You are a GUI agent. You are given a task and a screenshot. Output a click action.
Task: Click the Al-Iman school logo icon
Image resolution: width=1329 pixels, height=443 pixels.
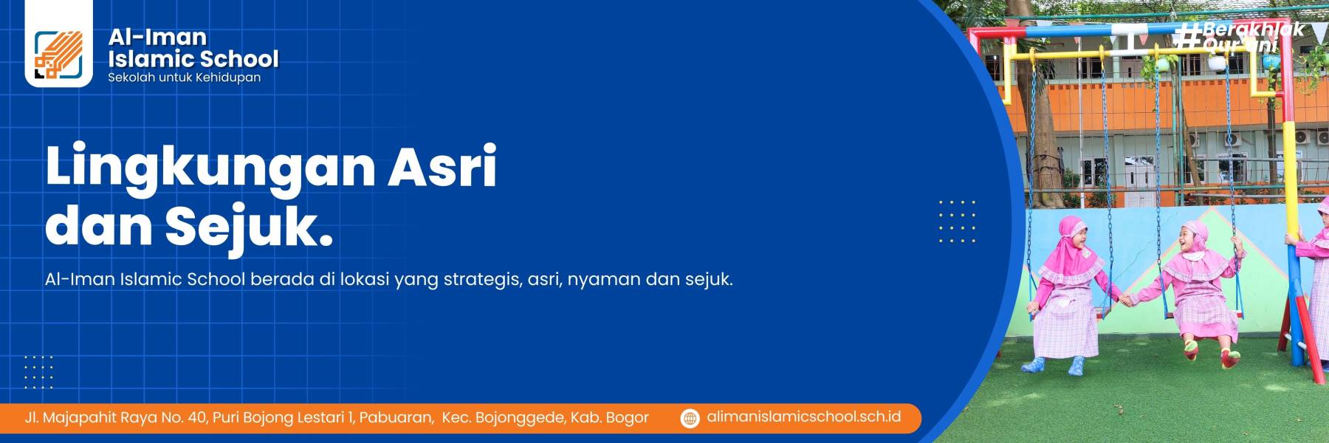pyautogui.click(x=58, y=55)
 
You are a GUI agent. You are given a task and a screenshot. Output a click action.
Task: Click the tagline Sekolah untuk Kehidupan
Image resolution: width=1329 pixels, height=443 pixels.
pyautogui.click(x=184, y=78)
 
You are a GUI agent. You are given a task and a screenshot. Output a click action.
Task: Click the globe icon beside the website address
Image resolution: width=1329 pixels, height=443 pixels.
pyautogui.click(x=690, y=418)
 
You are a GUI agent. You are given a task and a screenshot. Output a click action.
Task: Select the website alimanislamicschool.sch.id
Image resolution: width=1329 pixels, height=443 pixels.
pyautogui.click(x=803, y=417)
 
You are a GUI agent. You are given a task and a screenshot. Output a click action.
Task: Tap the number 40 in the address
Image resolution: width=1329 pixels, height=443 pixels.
pyautogui.click(x=197, y=418)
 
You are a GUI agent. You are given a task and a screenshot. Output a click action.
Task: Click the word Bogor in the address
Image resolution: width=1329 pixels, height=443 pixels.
pyautogui.click(x=627, y=418)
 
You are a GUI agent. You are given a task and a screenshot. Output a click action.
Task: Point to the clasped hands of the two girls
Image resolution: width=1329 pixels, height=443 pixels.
pyautogui.click(x=1126, y=300)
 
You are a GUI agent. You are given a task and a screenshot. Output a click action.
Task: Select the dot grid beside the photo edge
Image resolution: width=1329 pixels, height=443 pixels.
pyautogui.click(x=957, y=221)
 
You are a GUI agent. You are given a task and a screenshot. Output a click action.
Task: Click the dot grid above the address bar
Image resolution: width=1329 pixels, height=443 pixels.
pyautogui.click(x=38, y=371)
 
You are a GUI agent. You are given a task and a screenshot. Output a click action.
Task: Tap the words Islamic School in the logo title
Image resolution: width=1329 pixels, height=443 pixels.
pyautogui.click(x=193, y=59)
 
